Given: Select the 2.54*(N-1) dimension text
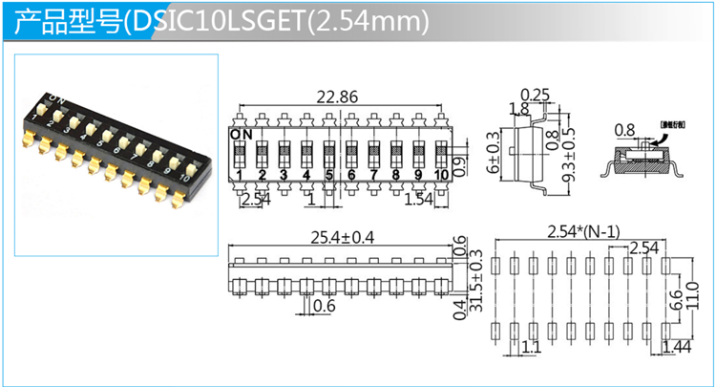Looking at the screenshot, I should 584,230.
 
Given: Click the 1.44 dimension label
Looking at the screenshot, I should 677,348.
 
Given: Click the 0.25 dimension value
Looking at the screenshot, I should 537,94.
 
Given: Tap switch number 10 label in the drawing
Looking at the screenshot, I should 441,175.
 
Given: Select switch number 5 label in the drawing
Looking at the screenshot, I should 328,175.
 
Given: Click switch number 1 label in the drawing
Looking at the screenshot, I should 239,175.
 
